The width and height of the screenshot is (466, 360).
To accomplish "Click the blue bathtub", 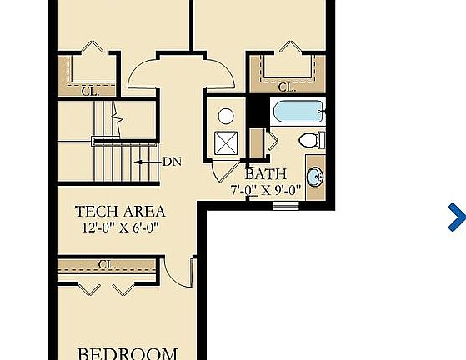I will [x=298, y=112].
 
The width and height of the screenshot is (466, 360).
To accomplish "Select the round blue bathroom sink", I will [x=316, y=177].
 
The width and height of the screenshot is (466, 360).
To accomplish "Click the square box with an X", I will [x=226, y=142].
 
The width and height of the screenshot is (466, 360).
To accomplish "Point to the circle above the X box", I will [x=226, y=116].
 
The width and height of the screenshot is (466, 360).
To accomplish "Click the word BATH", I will [x=266, y=174].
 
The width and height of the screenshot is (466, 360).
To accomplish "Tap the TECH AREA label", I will [x=120, y=212].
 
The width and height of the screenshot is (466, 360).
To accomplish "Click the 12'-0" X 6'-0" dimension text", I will [x=120, y=227].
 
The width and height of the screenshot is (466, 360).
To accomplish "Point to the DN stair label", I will [x=173, y=161].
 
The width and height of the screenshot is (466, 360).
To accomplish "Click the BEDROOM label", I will [x=128, y=353].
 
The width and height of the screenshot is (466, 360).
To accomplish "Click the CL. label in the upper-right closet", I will [x=287, y=87].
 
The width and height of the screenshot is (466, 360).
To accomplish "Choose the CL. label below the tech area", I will [x=107, y=264].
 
